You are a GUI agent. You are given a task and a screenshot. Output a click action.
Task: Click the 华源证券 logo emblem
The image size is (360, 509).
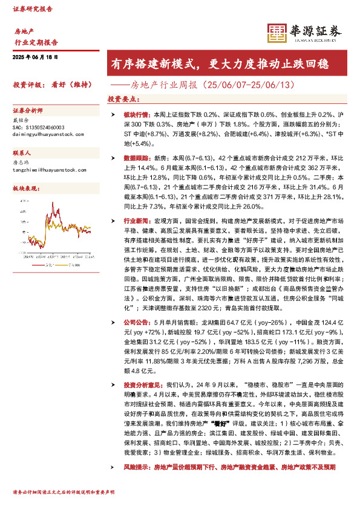(x=277, y=34)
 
